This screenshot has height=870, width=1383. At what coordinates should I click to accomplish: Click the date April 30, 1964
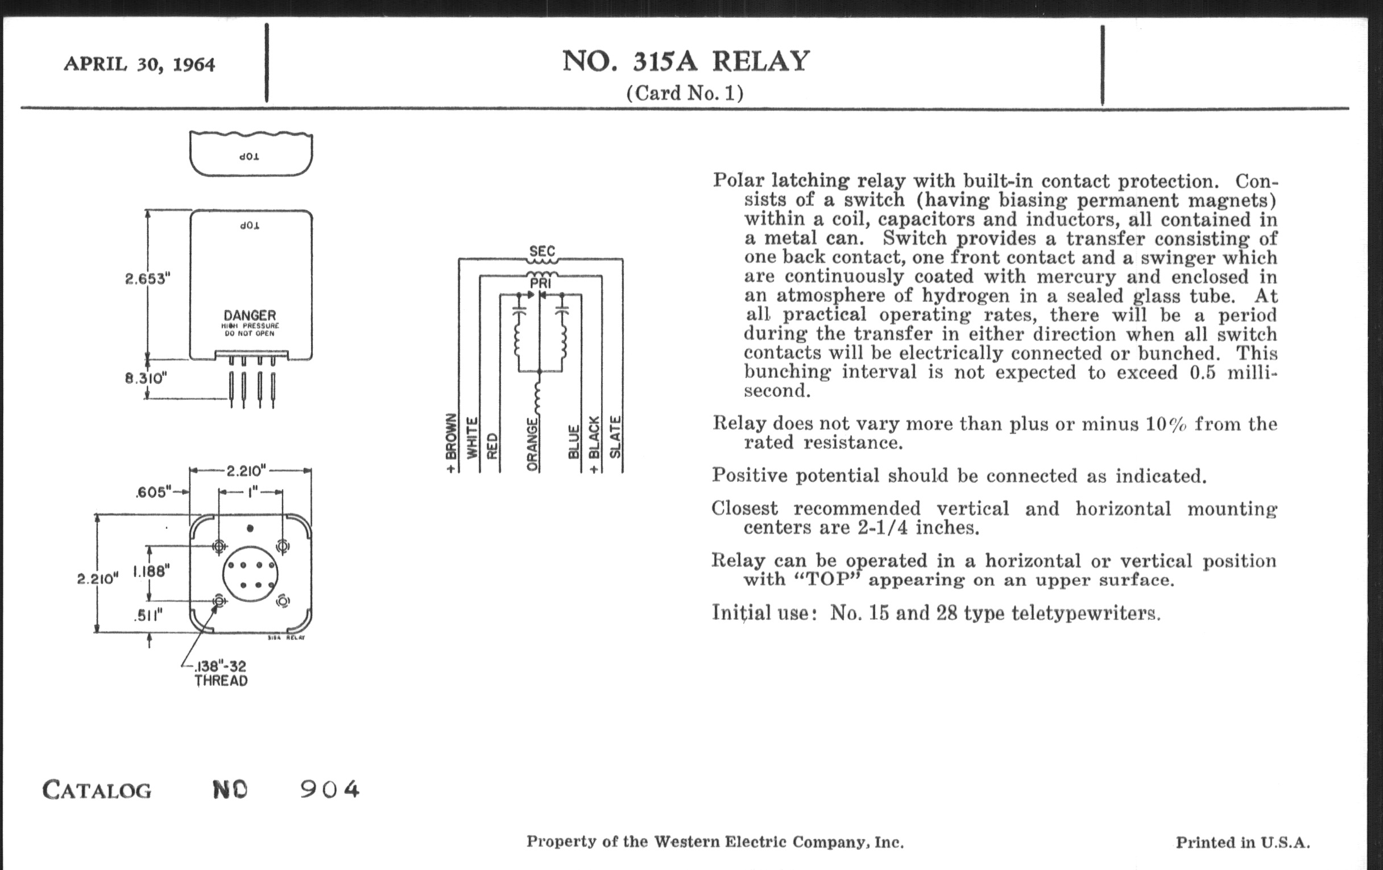pos(139,64)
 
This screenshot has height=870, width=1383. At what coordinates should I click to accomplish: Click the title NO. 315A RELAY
pos(686,61)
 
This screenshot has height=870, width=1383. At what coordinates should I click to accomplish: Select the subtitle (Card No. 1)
pos(685,93)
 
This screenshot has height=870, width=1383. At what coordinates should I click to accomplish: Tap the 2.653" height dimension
pos(148,279)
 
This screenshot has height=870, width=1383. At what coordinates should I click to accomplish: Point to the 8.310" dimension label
pos(146,379)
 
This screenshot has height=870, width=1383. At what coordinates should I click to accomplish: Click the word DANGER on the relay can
pos(250,315)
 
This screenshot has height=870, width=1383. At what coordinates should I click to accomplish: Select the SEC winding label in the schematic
pos(542,251)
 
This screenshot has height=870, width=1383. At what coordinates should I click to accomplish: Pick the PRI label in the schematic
pos(540,283)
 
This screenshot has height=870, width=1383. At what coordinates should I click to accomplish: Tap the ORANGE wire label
pos(533,445)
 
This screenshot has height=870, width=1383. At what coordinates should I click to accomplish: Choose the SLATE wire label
pos(615,437)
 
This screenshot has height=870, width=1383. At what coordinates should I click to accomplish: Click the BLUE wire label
pos(573,442)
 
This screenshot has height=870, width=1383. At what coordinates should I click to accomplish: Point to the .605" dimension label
pos(154,492)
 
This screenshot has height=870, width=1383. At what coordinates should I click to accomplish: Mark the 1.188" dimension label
pos(152,571)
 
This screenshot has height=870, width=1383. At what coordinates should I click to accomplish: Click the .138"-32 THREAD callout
pos(221,674)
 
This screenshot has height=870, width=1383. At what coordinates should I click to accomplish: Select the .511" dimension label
pos(148,616)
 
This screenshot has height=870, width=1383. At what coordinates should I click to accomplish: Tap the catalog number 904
pos(330,790)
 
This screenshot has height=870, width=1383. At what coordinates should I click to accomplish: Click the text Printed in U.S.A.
pos(1243,843)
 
